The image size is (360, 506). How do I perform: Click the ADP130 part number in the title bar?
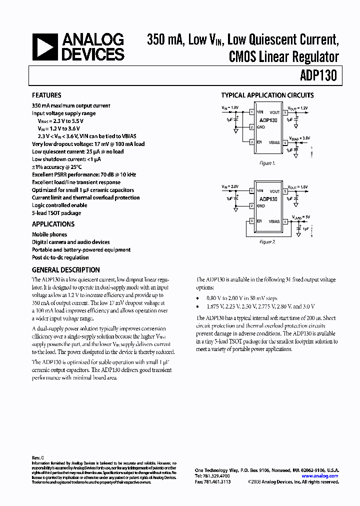[x=319, y=76]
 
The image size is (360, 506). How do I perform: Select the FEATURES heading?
[x=46, y=95]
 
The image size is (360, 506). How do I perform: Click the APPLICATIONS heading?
[x=53, y=224]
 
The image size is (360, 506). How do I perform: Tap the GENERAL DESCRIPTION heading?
[x=66, y=269]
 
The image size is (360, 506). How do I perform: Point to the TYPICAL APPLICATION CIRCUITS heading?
[x=267, y=95]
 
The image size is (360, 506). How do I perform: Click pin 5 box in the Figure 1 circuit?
[x=285, y=112]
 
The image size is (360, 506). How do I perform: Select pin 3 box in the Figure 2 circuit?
[x=251, y=221]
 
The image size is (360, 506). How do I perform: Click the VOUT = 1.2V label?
[x=298, y=108]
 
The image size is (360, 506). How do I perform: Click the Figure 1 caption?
[x=266, y=163]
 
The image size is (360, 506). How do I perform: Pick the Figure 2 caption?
[x=267, y=242]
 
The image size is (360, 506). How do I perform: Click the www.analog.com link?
[x=320, y=476]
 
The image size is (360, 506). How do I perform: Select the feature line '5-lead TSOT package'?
[x=56, y=213]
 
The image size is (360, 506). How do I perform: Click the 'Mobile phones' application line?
[x=49, y=234]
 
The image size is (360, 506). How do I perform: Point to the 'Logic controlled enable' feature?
[x=59, y=205]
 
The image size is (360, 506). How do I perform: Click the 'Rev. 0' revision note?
[x=38, y=457]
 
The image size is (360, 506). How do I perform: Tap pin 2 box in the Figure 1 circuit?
[x=251, y=127]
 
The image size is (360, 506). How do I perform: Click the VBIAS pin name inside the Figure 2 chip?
[x=274, y=221]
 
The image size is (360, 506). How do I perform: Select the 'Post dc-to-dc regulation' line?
[x=60, y=257]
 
